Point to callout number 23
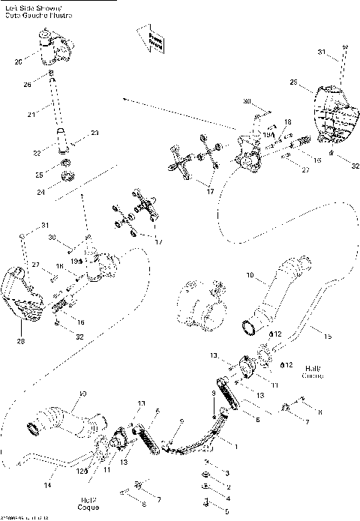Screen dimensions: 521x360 (x=95, y=133)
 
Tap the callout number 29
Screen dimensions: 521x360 (x=294, y=82)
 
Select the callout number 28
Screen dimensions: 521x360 (x=20, y=340)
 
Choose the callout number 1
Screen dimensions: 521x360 (x=238, y=446)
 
